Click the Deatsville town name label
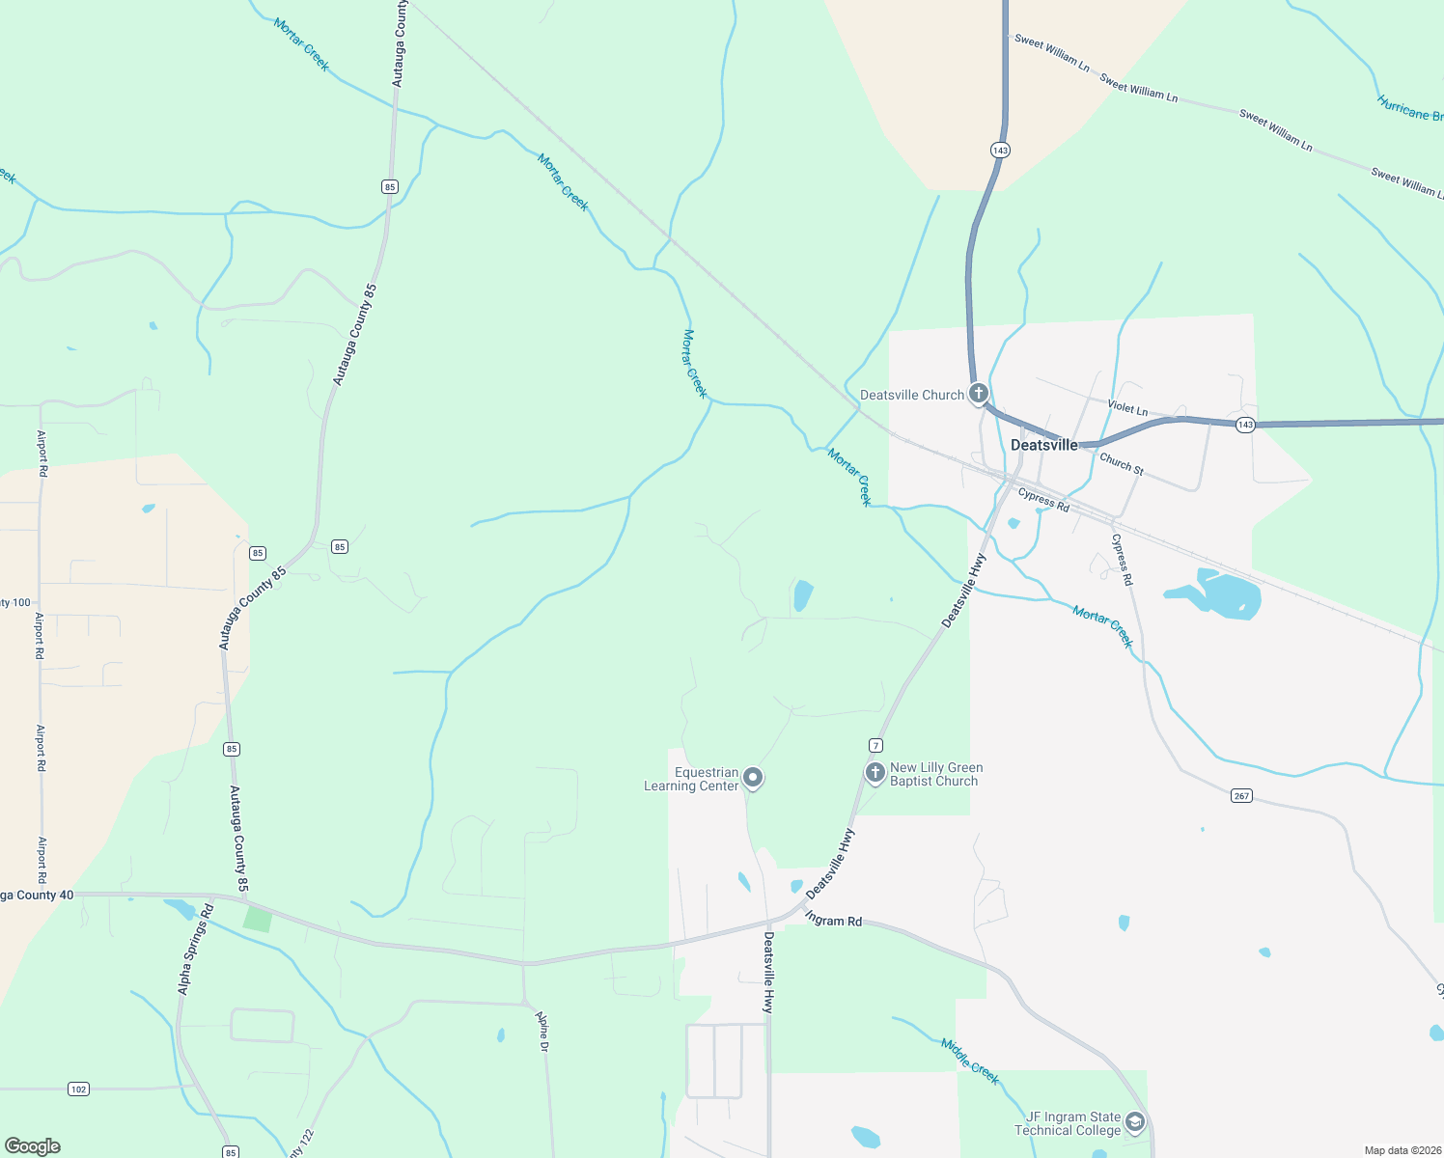pos(1043,445)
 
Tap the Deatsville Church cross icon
pos(979,394)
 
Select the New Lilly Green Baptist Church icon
pos(875,773)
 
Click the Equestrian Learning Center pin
pos(754,778)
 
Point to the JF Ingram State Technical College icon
pos(1135,1122)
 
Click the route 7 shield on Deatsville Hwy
pos(875,745)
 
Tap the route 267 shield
pos(1241,796)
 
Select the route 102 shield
pos(78,1089)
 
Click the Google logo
pos(32,1146)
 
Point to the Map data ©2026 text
pos(1401,1150)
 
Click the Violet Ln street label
pos(1127,408)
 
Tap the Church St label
pos(1122,464)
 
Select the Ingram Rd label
pos(833,921)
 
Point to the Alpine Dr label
pos(542,1032)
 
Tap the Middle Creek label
pos(970,1061)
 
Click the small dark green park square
pos(257,919)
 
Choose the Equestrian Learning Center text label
pos(692,779)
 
